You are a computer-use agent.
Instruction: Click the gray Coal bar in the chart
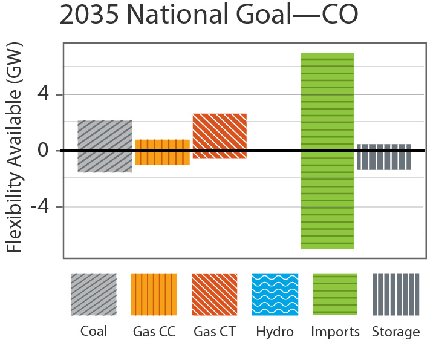tap(105, 146)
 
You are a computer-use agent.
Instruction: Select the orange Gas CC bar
tap(162, 152)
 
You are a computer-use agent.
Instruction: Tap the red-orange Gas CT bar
tap(219, 136)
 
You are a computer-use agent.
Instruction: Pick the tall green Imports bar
tap(327, 151)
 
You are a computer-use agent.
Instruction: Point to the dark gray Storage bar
tap(384, 157)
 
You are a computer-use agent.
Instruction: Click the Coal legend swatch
tap(93, 295)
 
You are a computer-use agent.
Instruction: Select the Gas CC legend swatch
tap(154, 295)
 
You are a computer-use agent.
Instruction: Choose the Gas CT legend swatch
tap(215, 295)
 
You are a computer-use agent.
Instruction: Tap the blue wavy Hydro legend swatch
tap(275, 295)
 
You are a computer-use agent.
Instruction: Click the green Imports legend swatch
tap(335, 295)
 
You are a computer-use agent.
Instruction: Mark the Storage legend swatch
tap(395, 295)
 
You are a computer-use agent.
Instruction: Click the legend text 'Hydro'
tap(275, 332)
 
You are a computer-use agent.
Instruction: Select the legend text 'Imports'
tap(335, 332)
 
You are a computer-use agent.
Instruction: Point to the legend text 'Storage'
tap(395, 332)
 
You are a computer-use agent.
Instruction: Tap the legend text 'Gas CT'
tap(215, 332)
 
